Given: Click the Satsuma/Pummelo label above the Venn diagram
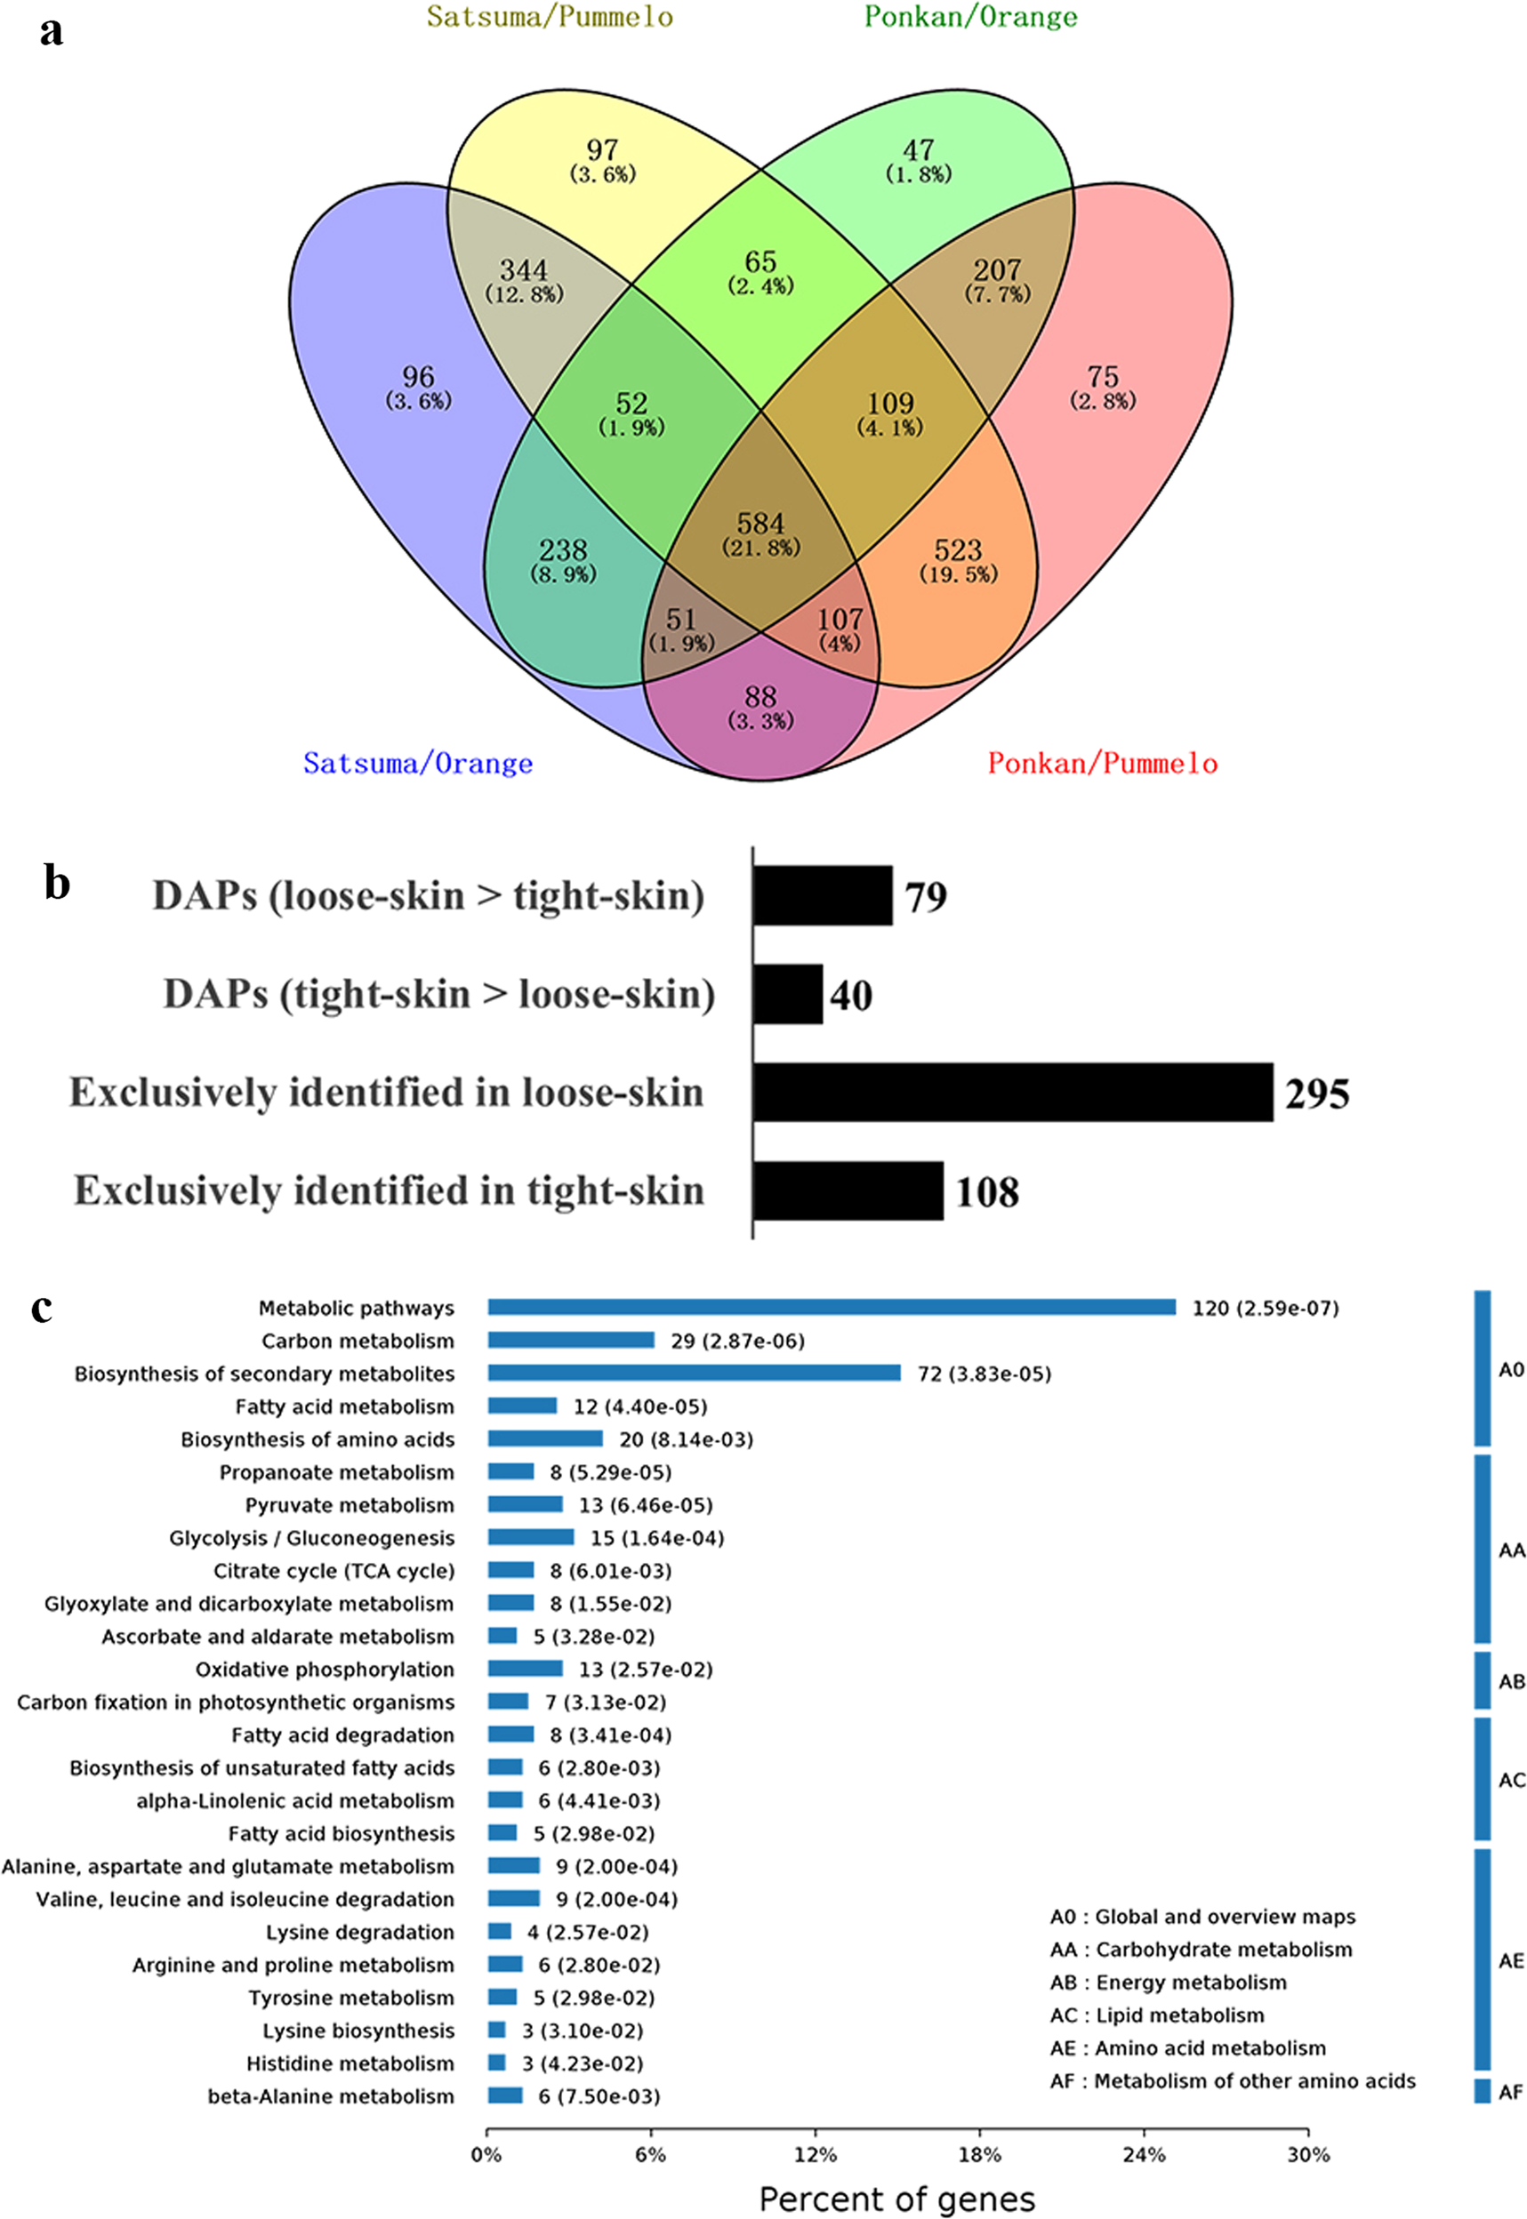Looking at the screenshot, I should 550,17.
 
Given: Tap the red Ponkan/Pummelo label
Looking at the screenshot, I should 1102,764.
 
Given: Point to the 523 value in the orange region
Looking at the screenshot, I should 958,551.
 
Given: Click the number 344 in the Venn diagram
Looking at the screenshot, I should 523,270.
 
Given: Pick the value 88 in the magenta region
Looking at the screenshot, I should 760,697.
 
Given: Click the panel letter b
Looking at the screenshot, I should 58,882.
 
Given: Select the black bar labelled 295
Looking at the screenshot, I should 1012,1092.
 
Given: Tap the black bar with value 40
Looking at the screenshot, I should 787,994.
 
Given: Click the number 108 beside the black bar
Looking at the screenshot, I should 986,1192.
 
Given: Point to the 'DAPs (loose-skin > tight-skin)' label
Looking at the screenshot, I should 428,896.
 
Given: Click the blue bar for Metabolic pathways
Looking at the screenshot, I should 831,1308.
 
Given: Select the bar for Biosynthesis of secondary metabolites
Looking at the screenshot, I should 694,1373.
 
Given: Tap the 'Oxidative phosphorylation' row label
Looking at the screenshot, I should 325,1669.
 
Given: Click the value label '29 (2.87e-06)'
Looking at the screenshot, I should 736,1341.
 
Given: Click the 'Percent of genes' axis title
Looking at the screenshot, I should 896,2199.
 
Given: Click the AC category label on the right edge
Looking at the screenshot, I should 1511,1781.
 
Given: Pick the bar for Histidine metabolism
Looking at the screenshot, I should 496,2063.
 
